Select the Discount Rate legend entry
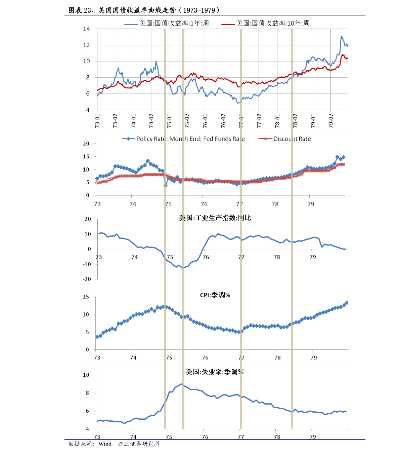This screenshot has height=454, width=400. [292, 139]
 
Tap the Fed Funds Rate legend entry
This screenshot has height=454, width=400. [190, 139]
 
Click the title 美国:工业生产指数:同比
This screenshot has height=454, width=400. [215, 218]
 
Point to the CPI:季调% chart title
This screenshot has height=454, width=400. [215, 295]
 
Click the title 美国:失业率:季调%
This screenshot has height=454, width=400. [215, 372]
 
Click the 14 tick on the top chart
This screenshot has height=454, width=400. [86, 29]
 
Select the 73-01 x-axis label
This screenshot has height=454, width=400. [97, 120]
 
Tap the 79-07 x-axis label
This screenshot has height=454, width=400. [331, 120]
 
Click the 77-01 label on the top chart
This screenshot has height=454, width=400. [241, 120]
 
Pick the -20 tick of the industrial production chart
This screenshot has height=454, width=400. [87, 279]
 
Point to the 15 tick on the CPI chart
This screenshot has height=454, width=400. [86, 297]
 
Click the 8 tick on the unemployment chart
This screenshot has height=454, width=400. [87, 393]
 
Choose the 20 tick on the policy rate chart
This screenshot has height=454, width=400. [86, 144]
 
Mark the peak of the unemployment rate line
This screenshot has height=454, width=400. [181, 384]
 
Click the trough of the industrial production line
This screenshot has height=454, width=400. [183, 268]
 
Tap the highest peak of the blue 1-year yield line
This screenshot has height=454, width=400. [342, 36]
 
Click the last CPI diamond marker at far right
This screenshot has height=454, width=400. [347, 303]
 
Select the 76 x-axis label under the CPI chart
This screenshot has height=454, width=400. [205, 357]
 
